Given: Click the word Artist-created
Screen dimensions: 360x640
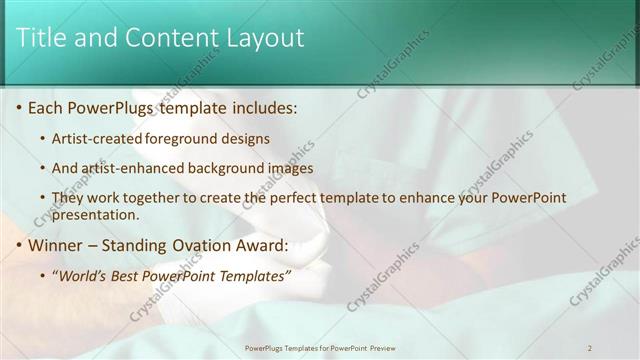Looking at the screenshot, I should coord(98,138).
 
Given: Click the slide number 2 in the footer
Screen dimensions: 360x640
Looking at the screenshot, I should coord(590,348).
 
